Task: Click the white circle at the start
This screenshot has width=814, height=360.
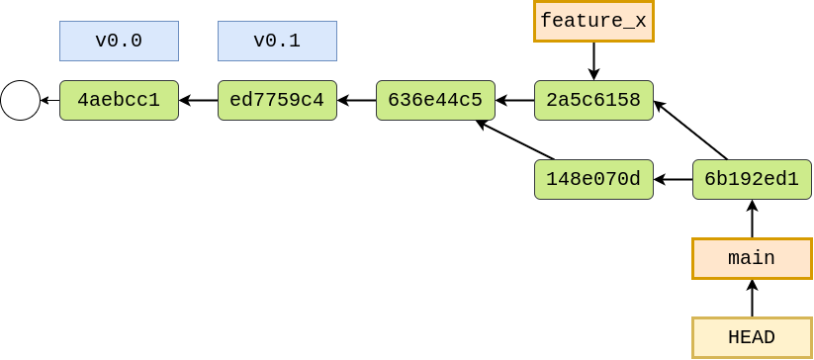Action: (x=20, y=100)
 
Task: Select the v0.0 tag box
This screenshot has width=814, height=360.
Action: (x=119, y=42)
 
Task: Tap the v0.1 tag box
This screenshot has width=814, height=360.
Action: (x=277, y=42)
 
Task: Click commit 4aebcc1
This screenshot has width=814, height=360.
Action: (x=119, y=100)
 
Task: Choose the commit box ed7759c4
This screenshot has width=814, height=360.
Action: (x=277, y=100)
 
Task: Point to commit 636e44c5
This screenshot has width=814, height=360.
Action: (x=435, y=100)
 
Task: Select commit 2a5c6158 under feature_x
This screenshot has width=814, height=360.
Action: (x=593, y=100)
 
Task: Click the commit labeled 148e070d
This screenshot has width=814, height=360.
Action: (x=593, y=179)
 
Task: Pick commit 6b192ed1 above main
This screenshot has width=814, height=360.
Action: (x=752, y=179)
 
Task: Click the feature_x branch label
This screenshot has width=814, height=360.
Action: (x=593, y=21)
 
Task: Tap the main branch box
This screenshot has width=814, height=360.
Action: (x=752, y=258)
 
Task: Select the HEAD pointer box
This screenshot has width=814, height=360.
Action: (x=752, y=337)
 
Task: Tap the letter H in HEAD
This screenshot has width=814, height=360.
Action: (x=734, y=337)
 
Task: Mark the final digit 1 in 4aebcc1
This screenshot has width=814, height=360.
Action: (x=154, y=100)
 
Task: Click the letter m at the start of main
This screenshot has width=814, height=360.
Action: (x=734, y=259)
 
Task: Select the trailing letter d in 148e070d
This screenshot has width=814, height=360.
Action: (x=635, y=179)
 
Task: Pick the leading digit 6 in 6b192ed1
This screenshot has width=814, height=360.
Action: (x=710, y=179)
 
